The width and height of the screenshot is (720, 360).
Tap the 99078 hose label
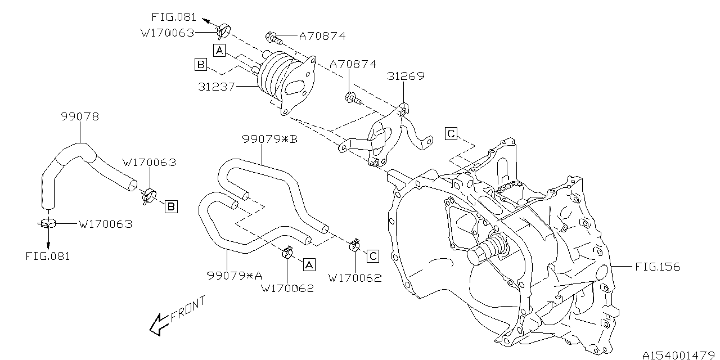[x=79, y=117]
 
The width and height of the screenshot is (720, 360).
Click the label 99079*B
[x=269, y=139]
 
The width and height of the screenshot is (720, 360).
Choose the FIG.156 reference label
[x=658, y=267]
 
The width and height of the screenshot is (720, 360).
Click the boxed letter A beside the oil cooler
[x=219, y=51]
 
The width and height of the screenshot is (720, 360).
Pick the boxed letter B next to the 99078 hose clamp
[x=170, y=207]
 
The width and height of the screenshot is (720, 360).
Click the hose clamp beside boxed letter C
[x=354, y=245]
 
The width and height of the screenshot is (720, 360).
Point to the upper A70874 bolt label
[x=322, y=37]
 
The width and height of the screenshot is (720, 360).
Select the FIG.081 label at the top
[x=174, y=17]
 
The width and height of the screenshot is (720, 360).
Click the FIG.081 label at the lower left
[x=48, y=256]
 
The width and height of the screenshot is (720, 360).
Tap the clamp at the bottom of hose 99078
[x=48, y=223]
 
